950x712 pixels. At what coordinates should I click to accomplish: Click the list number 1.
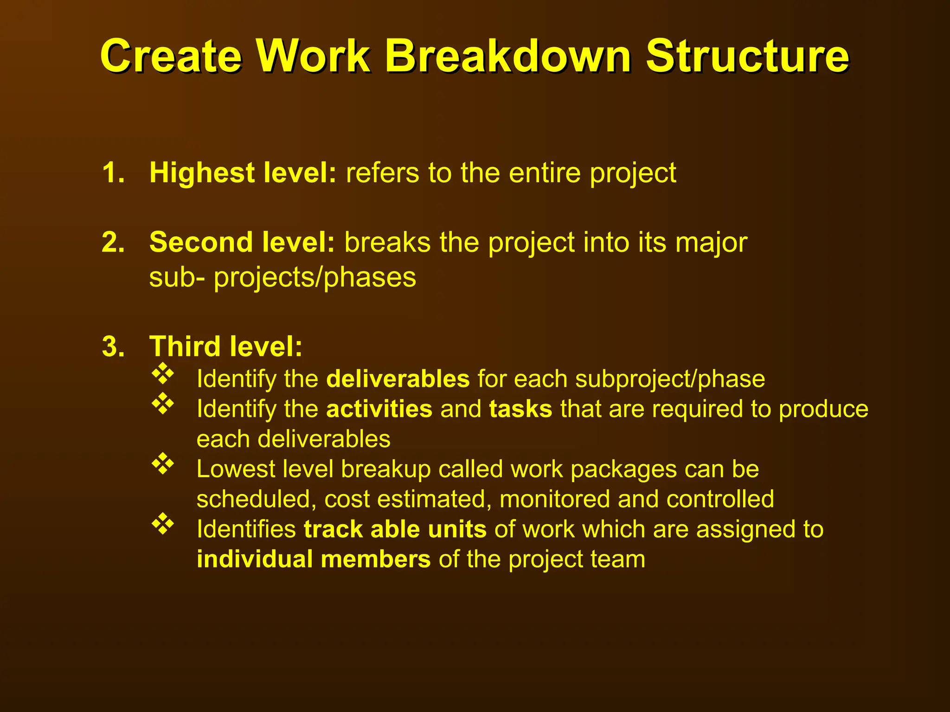click(x=113, y=173)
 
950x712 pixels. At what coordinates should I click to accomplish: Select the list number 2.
click(x=113, y=242)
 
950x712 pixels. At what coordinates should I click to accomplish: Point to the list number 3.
click(x=113, y=347)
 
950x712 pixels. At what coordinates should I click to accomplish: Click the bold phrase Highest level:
click(x=243, y=173)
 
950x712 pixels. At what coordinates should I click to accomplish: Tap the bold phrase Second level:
click(x=242, y=242)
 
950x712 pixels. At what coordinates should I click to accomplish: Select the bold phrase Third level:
click(x=226, y=347)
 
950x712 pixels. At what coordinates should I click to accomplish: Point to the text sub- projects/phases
click(x=282, y=278)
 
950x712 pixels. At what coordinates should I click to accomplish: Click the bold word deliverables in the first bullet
click(x=398, y=379)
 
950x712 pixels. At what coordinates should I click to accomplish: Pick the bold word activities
click(x=379, y=409)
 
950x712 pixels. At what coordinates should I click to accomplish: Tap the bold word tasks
click(x=520, y=409)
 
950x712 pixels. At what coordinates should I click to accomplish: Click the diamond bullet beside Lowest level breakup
click(x=163, y=464)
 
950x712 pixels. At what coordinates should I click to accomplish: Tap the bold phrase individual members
click(x=314, y=559)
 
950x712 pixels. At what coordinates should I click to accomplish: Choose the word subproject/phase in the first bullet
click(x=670, y=380)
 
